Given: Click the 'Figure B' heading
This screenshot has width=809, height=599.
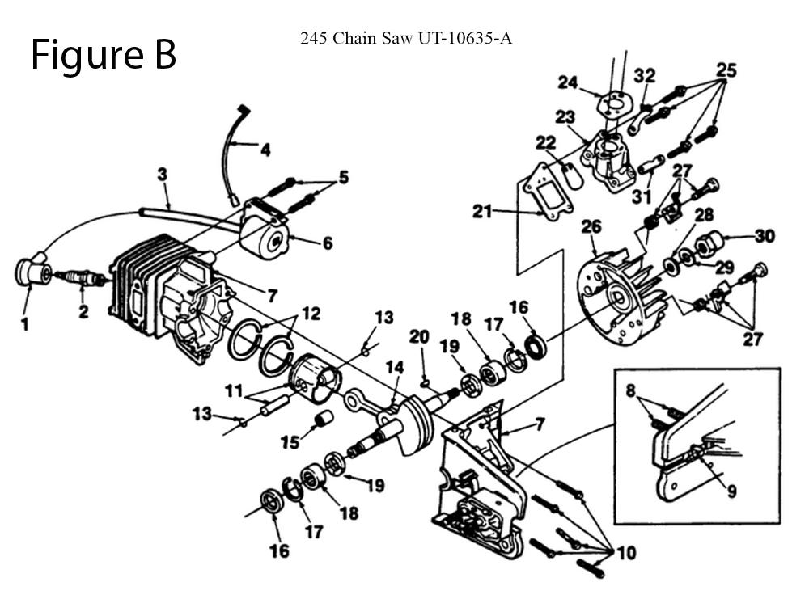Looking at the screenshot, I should [104, 55].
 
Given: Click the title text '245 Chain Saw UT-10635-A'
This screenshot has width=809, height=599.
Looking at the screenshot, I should [405, 38].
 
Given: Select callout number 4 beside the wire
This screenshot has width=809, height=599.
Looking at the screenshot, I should [265, 150].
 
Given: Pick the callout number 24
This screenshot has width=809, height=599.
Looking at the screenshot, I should [568, 82].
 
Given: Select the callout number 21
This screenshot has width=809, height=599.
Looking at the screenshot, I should [482, 212].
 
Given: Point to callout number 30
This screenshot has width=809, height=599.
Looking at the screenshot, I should [765, 236].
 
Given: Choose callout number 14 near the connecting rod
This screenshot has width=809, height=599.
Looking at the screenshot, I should [394, 368].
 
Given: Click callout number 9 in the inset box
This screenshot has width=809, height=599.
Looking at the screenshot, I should [731, 490].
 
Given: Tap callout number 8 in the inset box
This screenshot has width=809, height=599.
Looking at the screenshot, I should [631, 389].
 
